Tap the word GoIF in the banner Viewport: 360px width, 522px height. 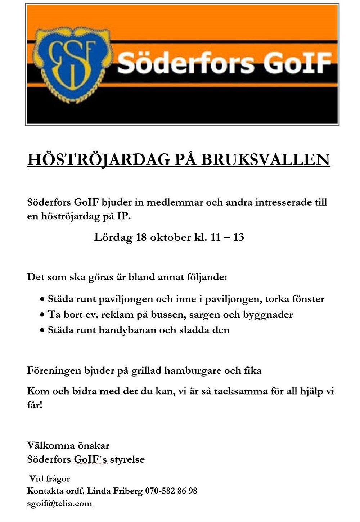(x=297, y=63)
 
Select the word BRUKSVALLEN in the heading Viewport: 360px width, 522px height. (x=265, y=160)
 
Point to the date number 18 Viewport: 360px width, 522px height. (x=141, y=238)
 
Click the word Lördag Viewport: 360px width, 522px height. (x=113, y=238)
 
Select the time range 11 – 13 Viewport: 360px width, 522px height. (x=227, y=238)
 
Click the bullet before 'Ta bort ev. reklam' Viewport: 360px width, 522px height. (x=42, y=315)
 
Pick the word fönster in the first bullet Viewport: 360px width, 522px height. (x=308, y=299)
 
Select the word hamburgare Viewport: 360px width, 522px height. (x=192, y=371)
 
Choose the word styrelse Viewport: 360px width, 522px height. (x=127, y=460)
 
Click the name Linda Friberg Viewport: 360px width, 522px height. (x=115, y=491)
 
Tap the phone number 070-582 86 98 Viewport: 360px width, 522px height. (x=171, y=491)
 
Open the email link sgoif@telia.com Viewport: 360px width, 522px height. (x=59, y=504)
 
